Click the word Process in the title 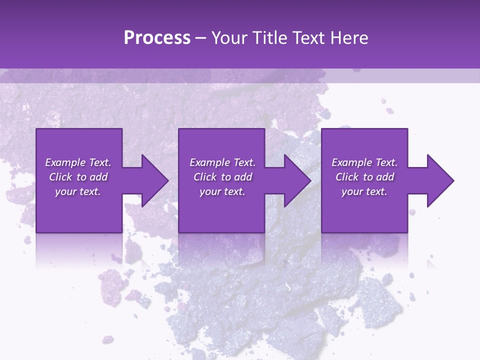click(x=157, y=38)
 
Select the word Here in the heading click(x=349, y=38)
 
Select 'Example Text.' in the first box click(x=78, y=162)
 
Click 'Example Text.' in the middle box click(x=222, y=162)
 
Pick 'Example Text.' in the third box click(x=364, y=162)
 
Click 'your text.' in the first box click(x=78, y=191)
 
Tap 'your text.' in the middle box click(x=222, y=191)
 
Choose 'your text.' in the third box click(x=364, y=191)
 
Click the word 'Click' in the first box click(x=60, y=177)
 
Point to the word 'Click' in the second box click(x=205, y=177)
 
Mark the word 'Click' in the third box click(x=347, y=177)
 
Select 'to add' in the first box click(x=92, y=177)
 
